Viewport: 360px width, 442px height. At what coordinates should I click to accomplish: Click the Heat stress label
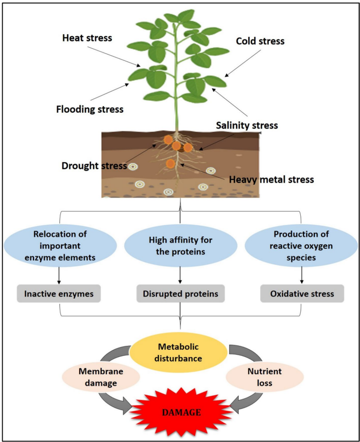pyautogui.click(x=87, y=38)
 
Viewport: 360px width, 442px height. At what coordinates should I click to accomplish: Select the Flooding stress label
pyautogui.click(x=90, y=109)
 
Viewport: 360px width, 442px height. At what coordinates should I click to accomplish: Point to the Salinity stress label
pyautogui.click(x=246, y=125)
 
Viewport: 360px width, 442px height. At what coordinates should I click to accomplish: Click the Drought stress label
pyautogui.click(x=93, y=166)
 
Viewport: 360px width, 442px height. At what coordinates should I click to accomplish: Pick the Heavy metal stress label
pyautogui.click(x=271, y=180)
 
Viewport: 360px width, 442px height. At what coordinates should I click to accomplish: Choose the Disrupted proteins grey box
pyautogui.click(x=180, y=294)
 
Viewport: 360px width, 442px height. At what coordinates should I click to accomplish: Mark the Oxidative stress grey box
pyautogui.click(x=302, y=294)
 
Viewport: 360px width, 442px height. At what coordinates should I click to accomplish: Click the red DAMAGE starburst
pyautogui.click(x=180, y=412)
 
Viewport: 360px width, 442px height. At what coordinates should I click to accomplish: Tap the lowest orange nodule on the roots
pyautogui.click(x=171, y=163)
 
